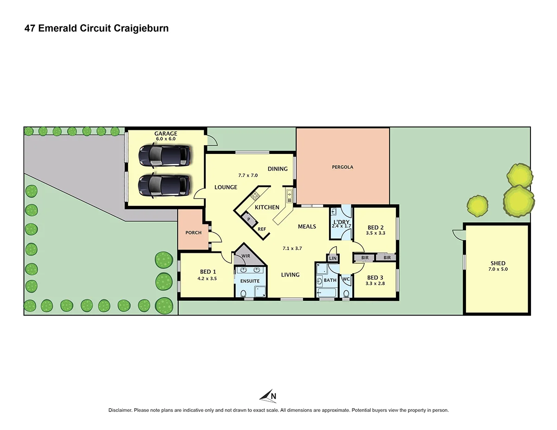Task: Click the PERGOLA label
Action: pyautogui.click(x=343, y=167)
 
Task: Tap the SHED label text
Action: pyautogui.click(x=497, y=263)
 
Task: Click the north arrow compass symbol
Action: pyautogui.click(x=268, y=396)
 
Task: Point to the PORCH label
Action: pyautogui.click(x=194, y=232)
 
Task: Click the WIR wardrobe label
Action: pyautogui.click(x=246, y=256)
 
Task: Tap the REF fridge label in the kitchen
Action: pyautogui.click(x=262, y=229)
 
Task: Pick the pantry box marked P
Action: pyautogui.click(x=249, y=219)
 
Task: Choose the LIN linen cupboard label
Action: pyautogui.click(x=333, y=258)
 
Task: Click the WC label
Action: pyautogui.click(x=346, y=279)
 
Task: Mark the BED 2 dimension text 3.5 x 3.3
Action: pyautogui.click(x=376, y=233)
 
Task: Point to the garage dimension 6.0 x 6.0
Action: pyautogui.click(x=166, y=139)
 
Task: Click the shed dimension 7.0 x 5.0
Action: pyautogui.click(x=497, y=269)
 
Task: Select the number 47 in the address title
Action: pyautogui.click(x=30, y=28)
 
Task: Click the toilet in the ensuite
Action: pyautogui.click(x=244, y=293)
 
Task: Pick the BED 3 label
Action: pyautogui.click(x=376, y=277)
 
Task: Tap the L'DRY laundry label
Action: pyautogui.click(x=341, y=222)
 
